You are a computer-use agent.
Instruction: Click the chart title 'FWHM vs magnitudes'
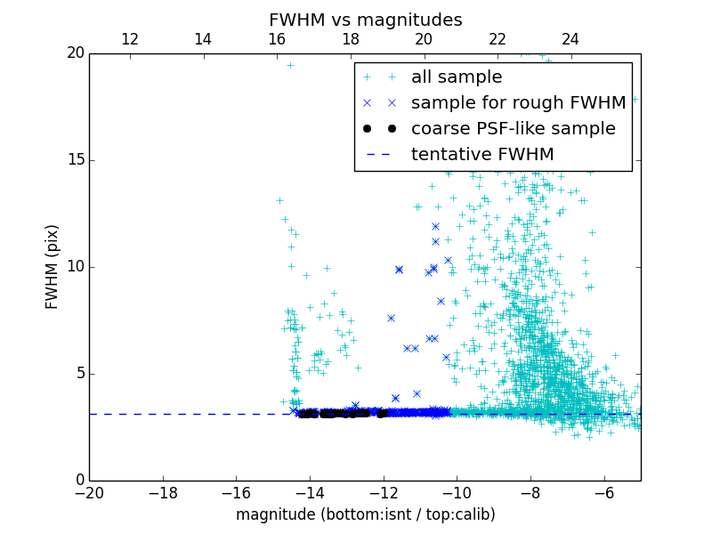(x=365, y=20)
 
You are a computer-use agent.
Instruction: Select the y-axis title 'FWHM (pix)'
(x=53, y=267)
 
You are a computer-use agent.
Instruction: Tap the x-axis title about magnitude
(x=365, y=514)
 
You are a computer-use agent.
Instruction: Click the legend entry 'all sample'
(x=456, y=77)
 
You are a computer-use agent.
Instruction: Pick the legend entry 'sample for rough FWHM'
(x=518, y=102)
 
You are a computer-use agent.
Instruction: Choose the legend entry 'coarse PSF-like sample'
(x=513, y=128)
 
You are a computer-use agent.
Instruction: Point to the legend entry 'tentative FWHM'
(x=481, y=154)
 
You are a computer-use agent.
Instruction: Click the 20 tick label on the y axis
(x=75, y=53)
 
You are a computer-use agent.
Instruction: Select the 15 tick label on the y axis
(x=75, y=160)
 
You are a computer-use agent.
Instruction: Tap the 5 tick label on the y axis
(x=79, y=374)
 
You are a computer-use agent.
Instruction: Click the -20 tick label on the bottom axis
(x=89, y=492)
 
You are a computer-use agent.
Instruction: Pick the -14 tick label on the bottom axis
(x=310, y=492)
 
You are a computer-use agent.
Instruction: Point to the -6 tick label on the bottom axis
(x=604, y=492)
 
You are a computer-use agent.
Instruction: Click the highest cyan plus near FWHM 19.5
(x=290, y=65)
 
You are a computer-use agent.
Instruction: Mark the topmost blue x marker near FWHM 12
(x=435, y=226)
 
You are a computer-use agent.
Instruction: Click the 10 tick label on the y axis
(x=75, y=267)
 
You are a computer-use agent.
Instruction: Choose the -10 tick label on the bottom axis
(x=457, y=492)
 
